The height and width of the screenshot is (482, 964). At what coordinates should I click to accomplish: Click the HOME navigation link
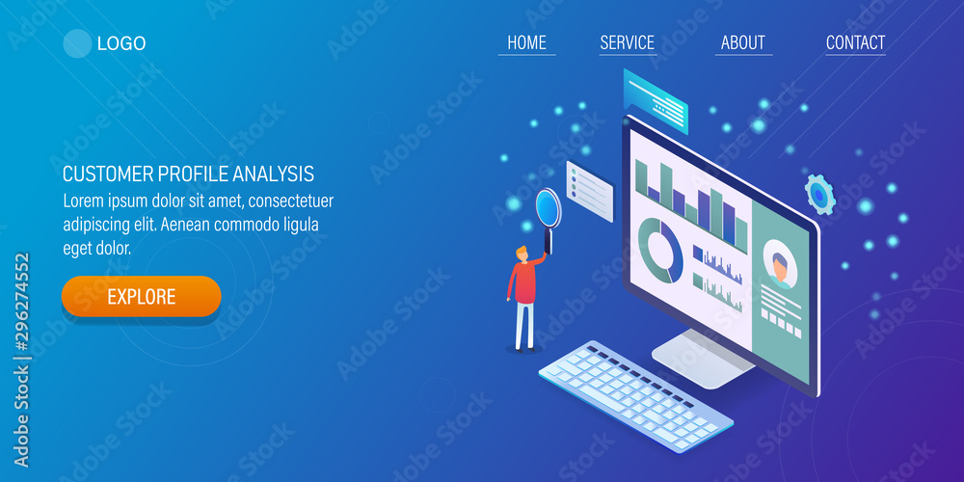point(526,42)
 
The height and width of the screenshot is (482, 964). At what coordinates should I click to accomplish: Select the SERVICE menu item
point(627,42)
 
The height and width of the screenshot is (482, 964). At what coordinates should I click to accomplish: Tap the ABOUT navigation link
point(742,42)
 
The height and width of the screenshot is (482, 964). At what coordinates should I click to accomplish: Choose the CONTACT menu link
point(855,42)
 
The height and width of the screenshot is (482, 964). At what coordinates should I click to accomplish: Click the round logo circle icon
point(76,43)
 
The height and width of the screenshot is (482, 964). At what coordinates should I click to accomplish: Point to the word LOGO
point(121,43)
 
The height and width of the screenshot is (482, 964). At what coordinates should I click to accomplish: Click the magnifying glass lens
point(547,205)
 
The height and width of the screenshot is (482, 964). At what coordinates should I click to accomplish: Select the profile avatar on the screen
point(779,263)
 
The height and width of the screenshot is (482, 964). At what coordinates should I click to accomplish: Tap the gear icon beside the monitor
point(819,195)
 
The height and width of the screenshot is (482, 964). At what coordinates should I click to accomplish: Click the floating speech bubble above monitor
point(656,99)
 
